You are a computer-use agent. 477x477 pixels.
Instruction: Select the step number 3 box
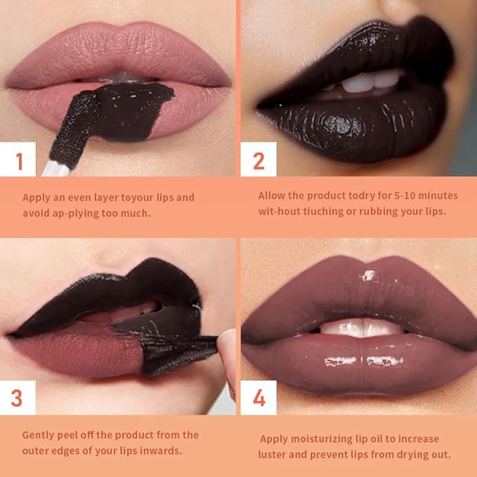(x=17, y=398)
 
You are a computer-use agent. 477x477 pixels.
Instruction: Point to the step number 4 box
(x=259, y=398)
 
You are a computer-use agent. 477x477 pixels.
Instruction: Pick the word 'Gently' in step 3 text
(x=39, y=435)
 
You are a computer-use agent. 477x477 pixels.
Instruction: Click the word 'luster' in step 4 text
(x=275, y=454)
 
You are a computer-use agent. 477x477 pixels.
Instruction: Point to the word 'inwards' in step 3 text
(x=163, y=450)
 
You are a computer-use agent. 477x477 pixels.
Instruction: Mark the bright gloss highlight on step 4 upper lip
(x=370, y=275)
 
